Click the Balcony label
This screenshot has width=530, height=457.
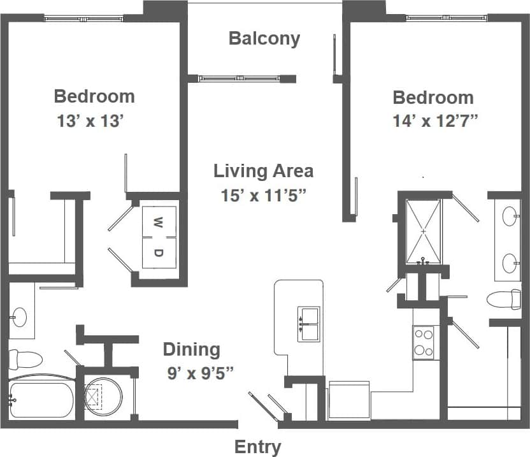264,38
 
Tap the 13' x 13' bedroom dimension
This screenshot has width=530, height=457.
90,121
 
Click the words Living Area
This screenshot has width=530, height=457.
263,171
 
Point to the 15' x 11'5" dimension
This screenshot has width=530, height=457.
264,195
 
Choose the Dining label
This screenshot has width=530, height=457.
191,349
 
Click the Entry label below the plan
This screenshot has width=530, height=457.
257,447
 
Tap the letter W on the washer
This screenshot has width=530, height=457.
158,222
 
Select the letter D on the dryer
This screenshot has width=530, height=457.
158,252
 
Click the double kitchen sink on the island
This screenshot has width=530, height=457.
309,324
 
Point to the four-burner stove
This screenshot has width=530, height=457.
424,342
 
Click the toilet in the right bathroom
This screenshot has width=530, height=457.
503,299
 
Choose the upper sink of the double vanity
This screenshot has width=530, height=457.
510,217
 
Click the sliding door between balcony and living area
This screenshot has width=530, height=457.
242,78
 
